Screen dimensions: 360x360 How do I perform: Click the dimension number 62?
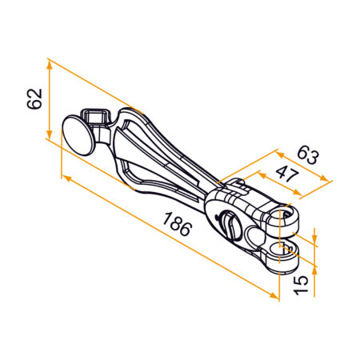click(x=34, y=99)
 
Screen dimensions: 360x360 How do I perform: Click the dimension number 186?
click(x=177, y=225)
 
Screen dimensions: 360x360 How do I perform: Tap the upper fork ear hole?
click(x=286, y=214)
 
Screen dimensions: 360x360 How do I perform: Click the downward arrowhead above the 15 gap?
click(x=316, y=238)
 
